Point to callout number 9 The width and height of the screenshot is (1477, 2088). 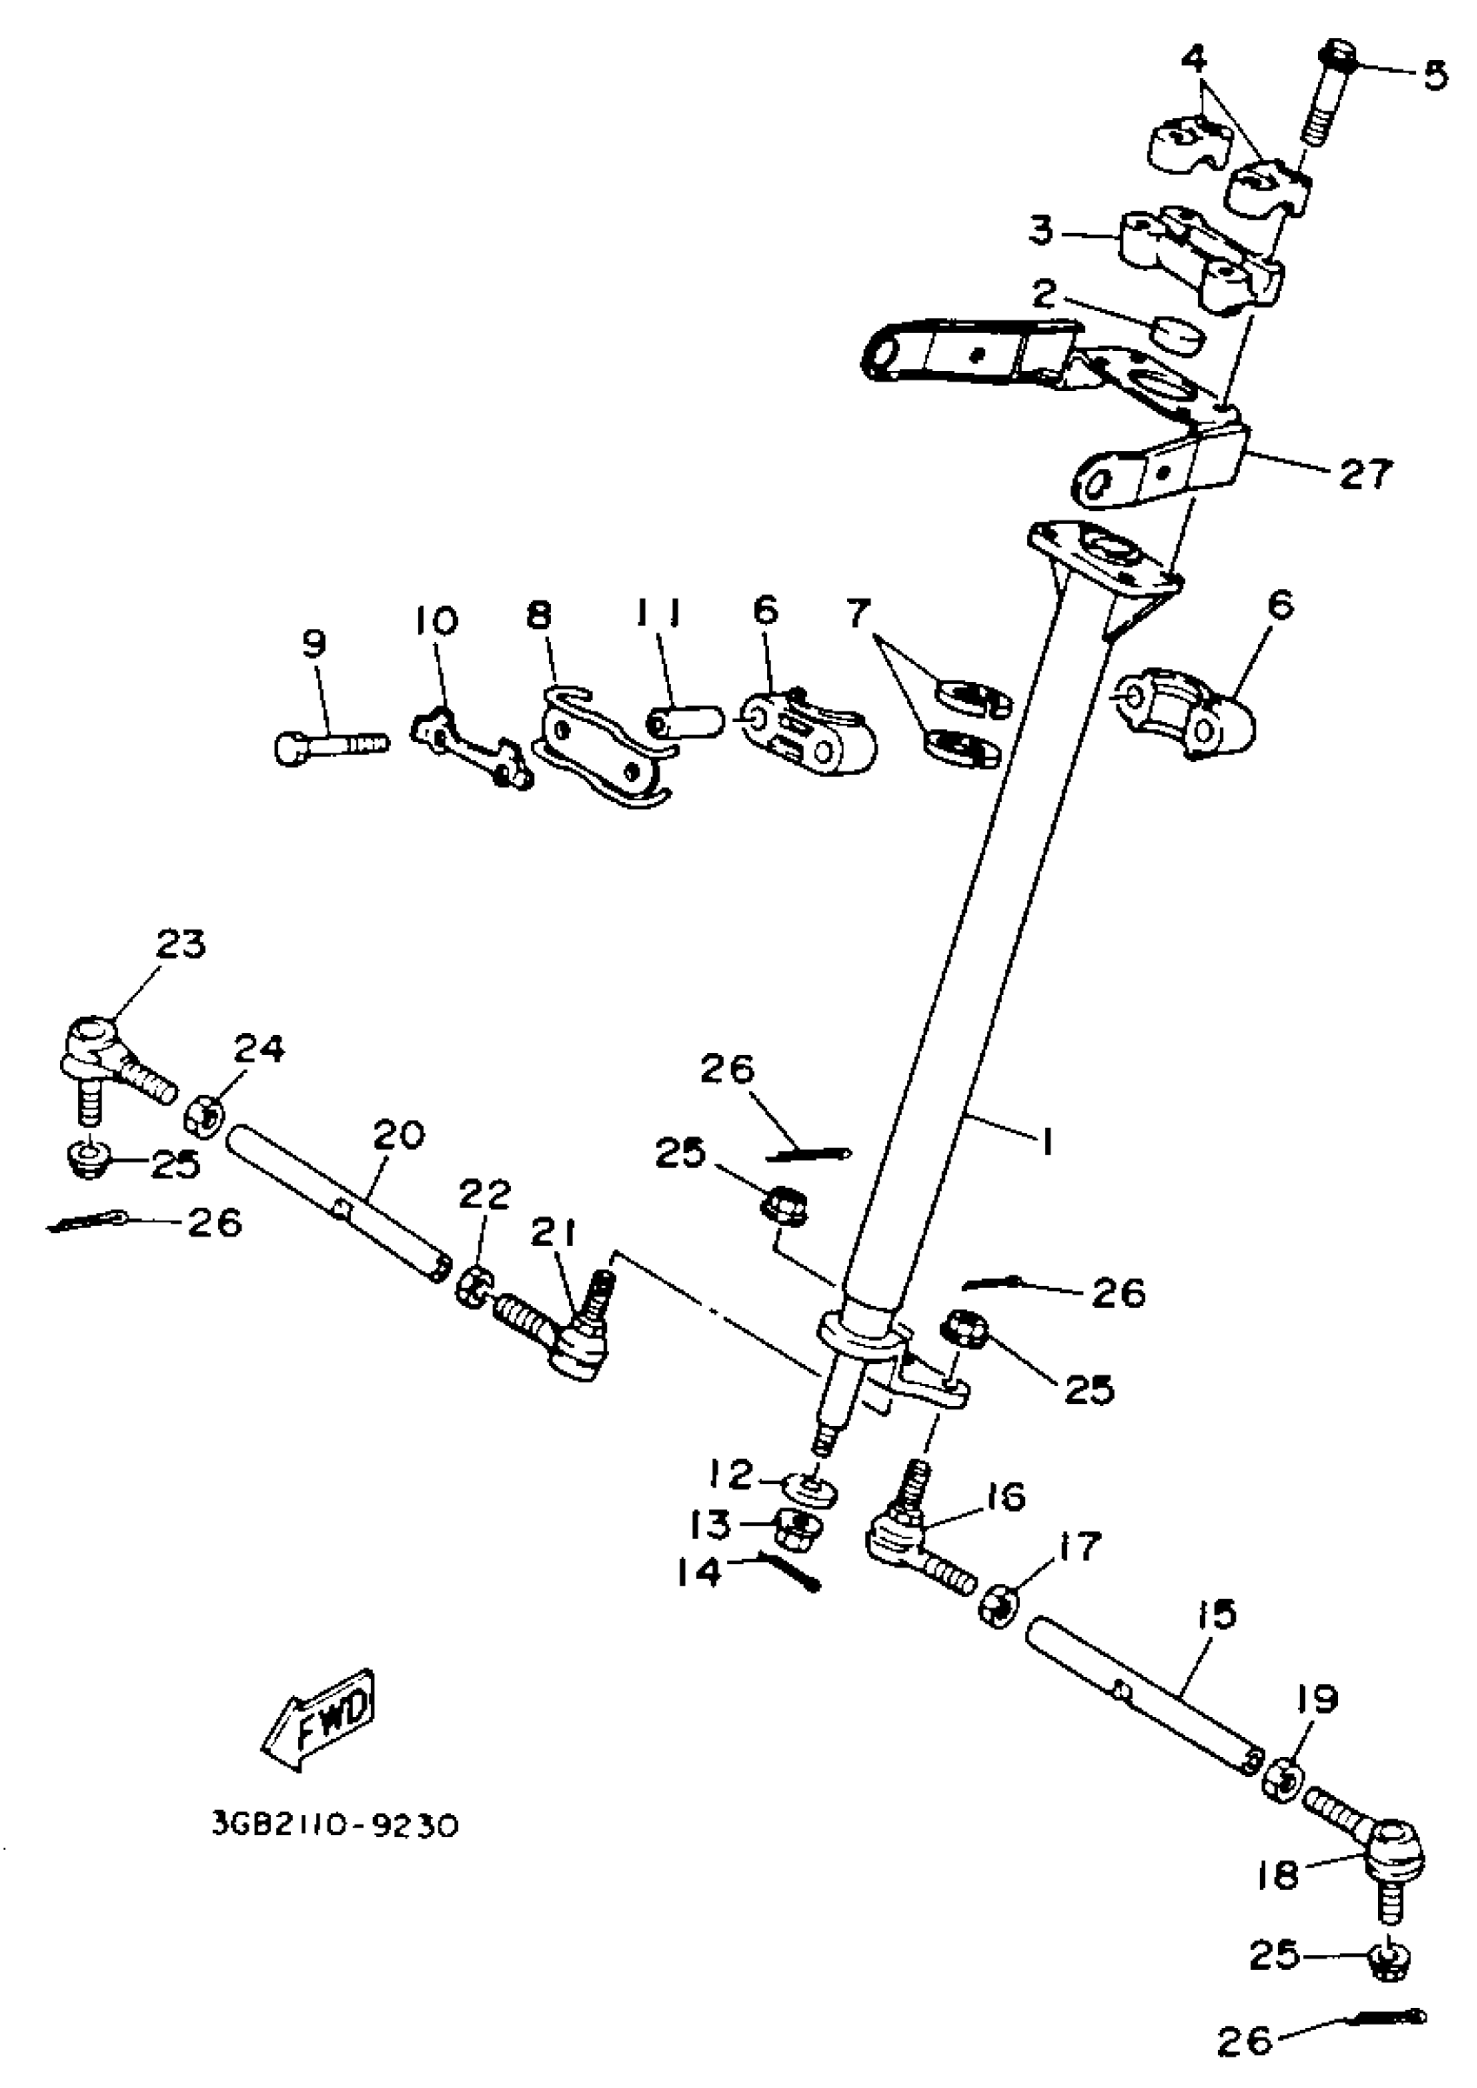coord(314,644)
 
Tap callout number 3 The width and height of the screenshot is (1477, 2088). coord(1043,231)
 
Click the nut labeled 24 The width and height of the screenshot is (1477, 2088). coord(205,1115)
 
